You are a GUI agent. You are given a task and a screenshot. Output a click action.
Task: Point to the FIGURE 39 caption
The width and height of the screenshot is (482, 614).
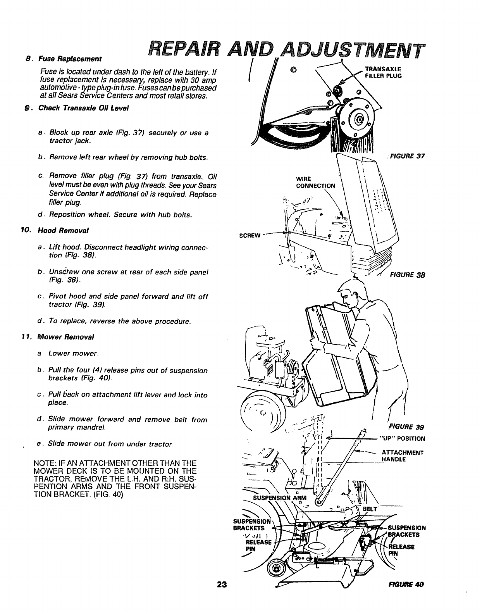pos(405,428)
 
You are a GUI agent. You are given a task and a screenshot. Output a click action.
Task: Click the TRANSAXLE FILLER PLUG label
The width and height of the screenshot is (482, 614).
pos(383,73)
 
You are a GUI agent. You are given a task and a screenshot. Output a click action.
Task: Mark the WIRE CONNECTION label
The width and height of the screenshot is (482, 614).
pos(315,183)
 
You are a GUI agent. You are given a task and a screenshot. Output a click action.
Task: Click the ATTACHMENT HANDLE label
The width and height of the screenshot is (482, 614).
pos(403,456)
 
